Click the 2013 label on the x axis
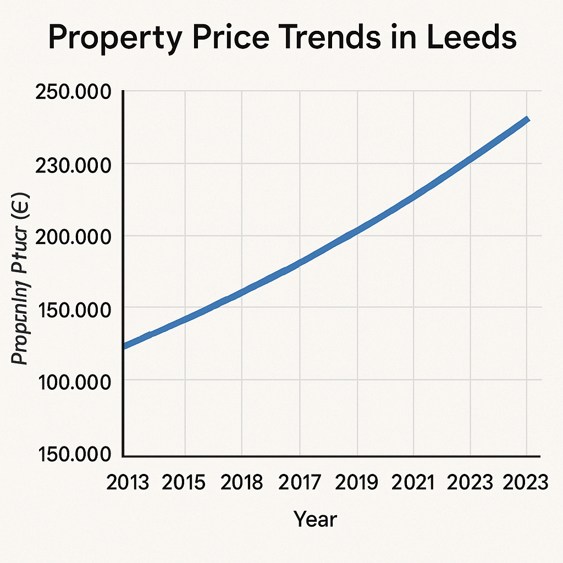[128, 483]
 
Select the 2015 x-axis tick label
[185, 483]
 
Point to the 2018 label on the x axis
[242, 483]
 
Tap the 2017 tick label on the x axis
[299, 483]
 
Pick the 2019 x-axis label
[357, 483]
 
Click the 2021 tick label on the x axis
[414, 483]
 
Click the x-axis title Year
[314, 518]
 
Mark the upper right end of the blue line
[527, 119]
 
